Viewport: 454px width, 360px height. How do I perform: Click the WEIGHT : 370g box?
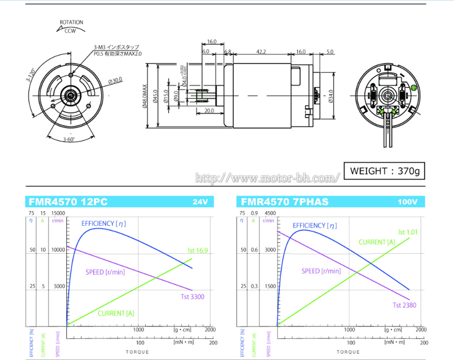[384, 170]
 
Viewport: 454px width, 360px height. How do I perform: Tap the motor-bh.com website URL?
[267, 178]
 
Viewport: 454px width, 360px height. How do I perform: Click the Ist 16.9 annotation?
[198, 249]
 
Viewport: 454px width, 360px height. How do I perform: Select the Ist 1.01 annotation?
[407, 231]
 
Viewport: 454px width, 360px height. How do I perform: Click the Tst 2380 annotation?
[405, 305]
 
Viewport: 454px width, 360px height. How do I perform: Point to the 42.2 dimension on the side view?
[261, 52]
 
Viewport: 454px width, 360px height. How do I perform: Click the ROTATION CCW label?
[72, 27]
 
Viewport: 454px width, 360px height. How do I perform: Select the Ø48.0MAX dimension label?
[146, 98]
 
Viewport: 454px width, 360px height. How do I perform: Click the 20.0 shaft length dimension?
[209, 111]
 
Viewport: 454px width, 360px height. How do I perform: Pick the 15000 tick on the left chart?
[58, 213]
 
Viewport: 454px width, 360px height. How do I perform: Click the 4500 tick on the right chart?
[270, 213]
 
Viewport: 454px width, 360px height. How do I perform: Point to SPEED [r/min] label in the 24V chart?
[105, 272]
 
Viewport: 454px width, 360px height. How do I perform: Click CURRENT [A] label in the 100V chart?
[377, 242]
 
